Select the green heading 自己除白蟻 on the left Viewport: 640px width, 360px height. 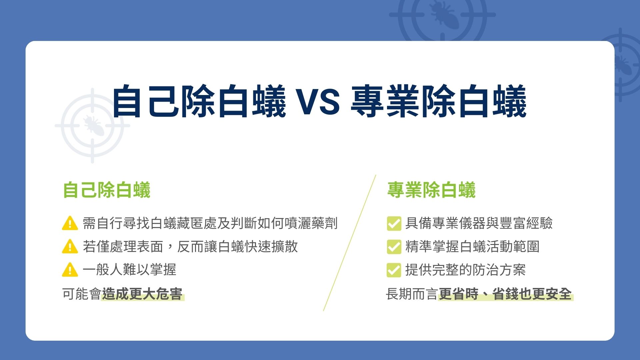click(x=107, y=190)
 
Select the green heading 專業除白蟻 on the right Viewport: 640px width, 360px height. click(x=431, y=190)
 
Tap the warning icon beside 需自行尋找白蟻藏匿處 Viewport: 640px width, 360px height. click(x=70, y=223)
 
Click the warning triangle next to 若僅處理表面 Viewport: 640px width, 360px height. click(x=70, y=246)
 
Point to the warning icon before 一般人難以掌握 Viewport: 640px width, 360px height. click(x=70, y=270)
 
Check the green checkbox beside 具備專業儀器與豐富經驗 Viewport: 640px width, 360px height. click(x=394, y=223)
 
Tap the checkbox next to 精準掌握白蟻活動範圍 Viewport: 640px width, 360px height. click(x=394, y=247)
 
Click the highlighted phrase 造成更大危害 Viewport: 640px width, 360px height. click(x=142, y=294)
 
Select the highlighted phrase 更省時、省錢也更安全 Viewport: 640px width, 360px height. click(x=505, y=294)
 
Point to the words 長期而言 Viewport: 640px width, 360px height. click(x=412, y=294)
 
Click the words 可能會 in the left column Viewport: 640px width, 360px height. click(x=82, y=294)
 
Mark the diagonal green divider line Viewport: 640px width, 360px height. click(x=350, y=243)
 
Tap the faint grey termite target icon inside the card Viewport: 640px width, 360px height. click(x=92, y=126)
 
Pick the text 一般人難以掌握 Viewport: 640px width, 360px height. click(x=129, y=270)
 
